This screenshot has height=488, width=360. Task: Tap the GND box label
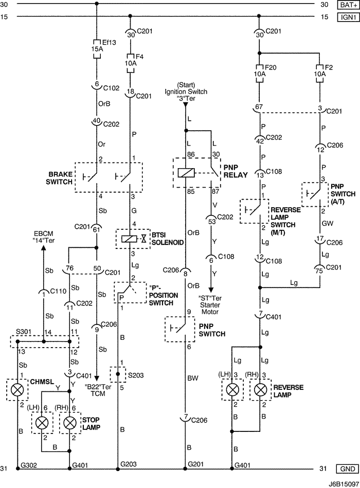coord(346,468)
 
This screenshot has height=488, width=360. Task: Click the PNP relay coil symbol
coord(185,173)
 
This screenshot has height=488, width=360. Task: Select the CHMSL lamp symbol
coord(17,389)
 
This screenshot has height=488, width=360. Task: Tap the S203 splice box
coord(118,375)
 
